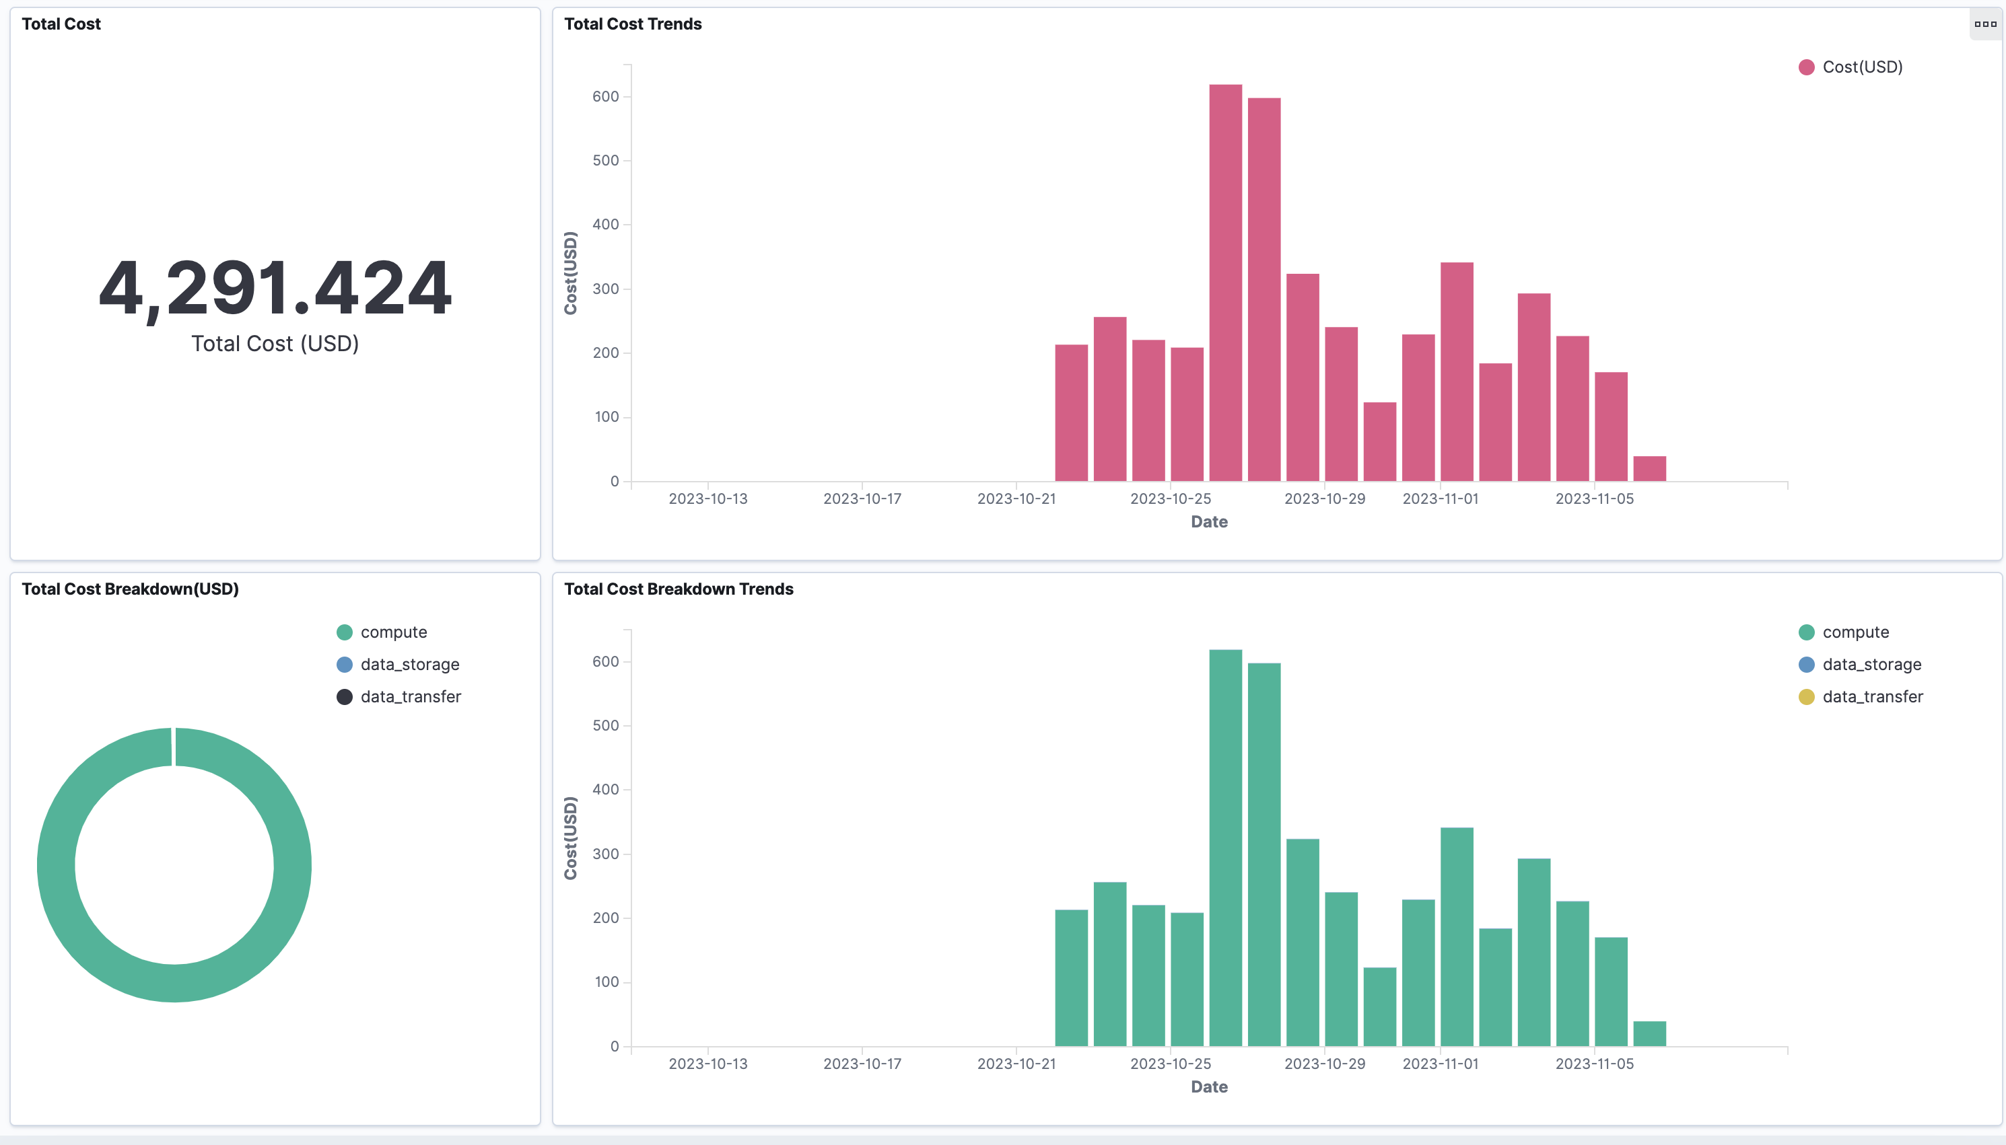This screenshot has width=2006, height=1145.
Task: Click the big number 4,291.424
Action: (275, 288)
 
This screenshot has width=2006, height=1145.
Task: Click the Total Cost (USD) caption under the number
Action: (275, 344)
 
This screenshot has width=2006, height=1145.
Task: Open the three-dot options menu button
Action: (1984, 24)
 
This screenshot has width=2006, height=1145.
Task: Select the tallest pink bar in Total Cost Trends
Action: (1225, 283)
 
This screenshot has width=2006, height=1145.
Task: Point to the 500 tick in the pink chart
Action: (606, 160)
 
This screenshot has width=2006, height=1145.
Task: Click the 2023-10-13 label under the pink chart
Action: (708, 498)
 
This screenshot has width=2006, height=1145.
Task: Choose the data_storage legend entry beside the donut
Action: (409, 665)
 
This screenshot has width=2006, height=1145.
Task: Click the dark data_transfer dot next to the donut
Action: (345, 697)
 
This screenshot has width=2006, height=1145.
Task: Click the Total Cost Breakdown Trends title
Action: (678, 589)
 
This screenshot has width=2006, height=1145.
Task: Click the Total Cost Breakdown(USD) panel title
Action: (130, 589)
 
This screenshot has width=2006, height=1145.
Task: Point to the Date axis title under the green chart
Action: (1209, 1086)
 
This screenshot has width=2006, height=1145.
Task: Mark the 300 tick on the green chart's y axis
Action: (606, 854)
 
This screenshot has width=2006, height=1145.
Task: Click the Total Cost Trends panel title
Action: (633, 24)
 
